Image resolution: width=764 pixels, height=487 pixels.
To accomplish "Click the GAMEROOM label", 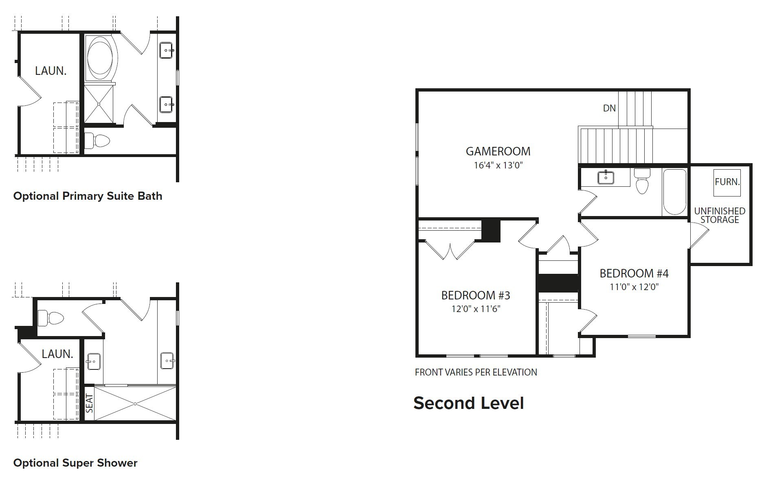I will (498, 151).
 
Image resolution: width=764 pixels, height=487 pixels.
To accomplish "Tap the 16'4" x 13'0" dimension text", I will (498, 165).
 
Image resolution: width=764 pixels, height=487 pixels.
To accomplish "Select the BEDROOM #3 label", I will (475, 295).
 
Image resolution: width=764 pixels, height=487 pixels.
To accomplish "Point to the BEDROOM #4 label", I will (634, 273).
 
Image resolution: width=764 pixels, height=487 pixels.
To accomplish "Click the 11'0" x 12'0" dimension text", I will (634, 287).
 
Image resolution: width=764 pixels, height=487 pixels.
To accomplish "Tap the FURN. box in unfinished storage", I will (727, 182).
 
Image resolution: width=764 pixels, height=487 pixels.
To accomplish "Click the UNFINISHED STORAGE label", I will (720, 215).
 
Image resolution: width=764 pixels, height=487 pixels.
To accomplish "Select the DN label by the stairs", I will (609, 108).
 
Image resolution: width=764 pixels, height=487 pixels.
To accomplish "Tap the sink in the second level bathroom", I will (606, 178).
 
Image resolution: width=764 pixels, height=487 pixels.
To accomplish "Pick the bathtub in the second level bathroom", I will (674, 192).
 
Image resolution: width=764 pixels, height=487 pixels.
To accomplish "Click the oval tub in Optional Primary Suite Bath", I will (101, 57).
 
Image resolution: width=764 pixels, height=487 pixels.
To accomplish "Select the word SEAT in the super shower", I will (90, 403).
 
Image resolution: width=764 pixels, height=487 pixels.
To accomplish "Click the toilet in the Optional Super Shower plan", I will (51, 318).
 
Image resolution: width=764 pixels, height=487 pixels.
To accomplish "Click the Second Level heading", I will (468, 403).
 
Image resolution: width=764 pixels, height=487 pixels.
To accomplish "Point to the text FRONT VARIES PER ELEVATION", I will (476, 372).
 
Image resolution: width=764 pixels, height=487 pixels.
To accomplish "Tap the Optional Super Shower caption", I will (75, 463).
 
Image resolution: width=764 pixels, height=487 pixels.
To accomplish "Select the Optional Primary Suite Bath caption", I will (88, 196).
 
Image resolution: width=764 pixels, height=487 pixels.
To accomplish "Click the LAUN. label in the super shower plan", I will (57, 354).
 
